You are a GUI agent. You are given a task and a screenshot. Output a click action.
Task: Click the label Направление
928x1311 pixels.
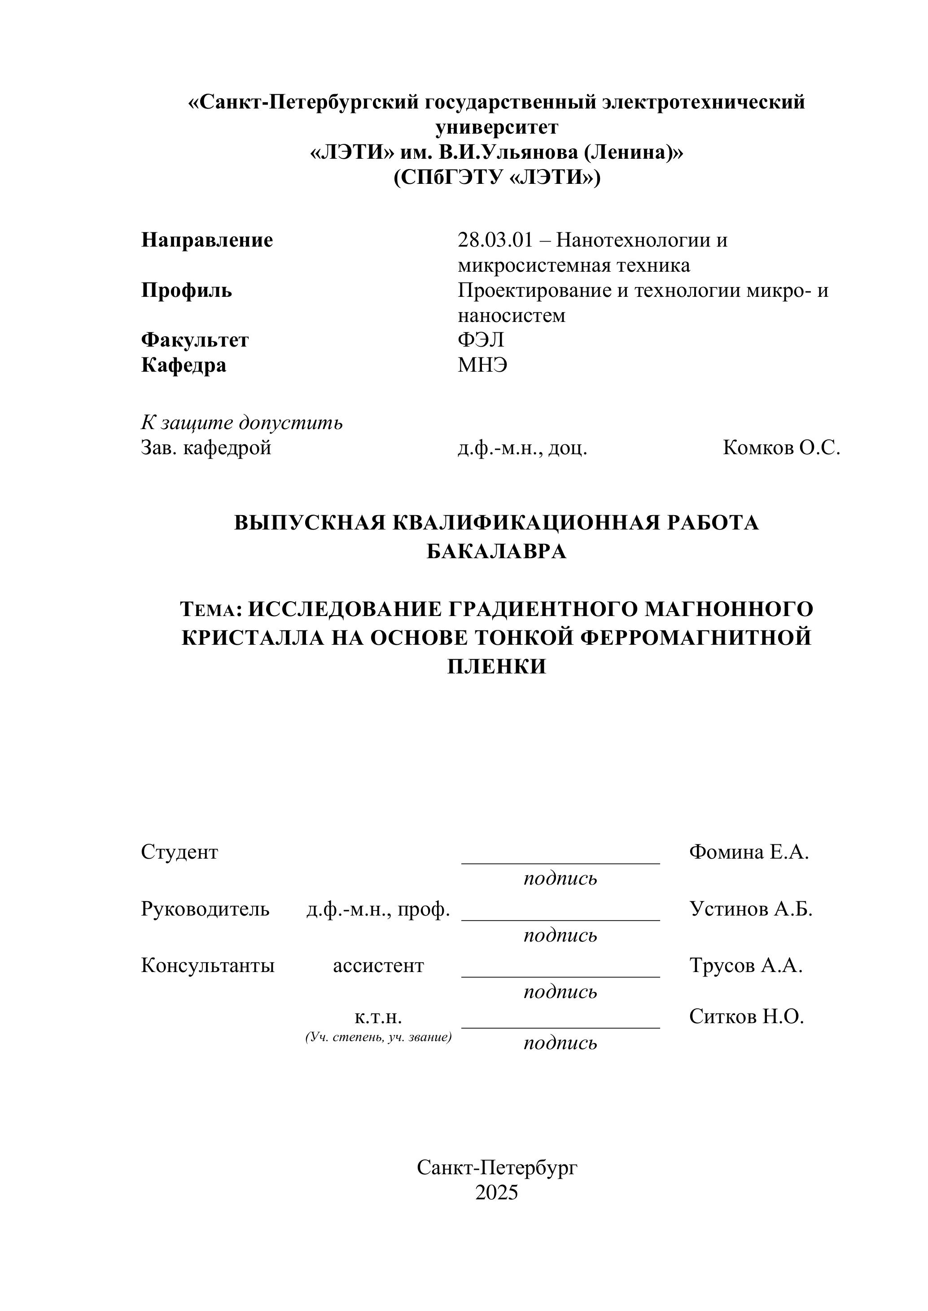[x=207, y=240]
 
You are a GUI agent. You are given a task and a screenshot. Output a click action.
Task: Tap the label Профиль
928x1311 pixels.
[x=186, y=291]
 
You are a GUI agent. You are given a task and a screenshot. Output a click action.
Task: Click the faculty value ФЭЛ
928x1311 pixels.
[x=481, y=340]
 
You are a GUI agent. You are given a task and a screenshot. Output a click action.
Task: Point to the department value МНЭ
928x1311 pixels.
[x=482, y=365]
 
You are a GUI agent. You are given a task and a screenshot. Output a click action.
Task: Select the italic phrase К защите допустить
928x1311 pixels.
[x=242, y=423]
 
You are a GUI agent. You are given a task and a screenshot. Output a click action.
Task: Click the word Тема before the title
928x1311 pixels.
[x=208, y=610]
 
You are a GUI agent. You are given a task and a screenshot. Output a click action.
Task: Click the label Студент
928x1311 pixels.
[x=179, y=852]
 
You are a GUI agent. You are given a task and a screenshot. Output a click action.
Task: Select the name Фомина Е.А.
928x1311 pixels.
[x=749, y=852]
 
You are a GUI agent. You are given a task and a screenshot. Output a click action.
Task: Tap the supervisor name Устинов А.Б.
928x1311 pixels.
[x=751, y=909]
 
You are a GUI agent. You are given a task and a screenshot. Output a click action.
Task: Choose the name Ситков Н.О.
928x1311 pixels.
[x=746, y=1016]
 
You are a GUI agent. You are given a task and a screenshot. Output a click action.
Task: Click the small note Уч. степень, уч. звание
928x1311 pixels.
[x=378, y=1037]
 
